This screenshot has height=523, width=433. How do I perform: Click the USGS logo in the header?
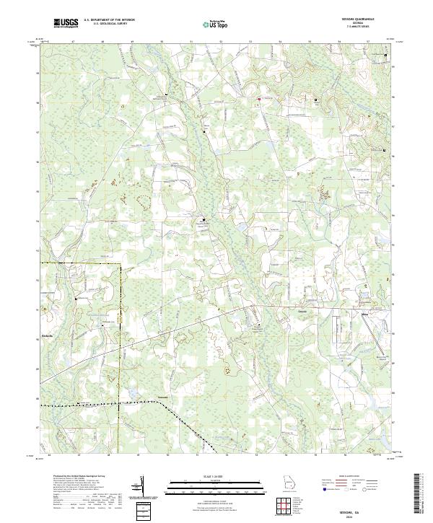[66, 23]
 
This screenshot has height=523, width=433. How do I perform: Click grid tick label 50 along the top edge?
[162, 43]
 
